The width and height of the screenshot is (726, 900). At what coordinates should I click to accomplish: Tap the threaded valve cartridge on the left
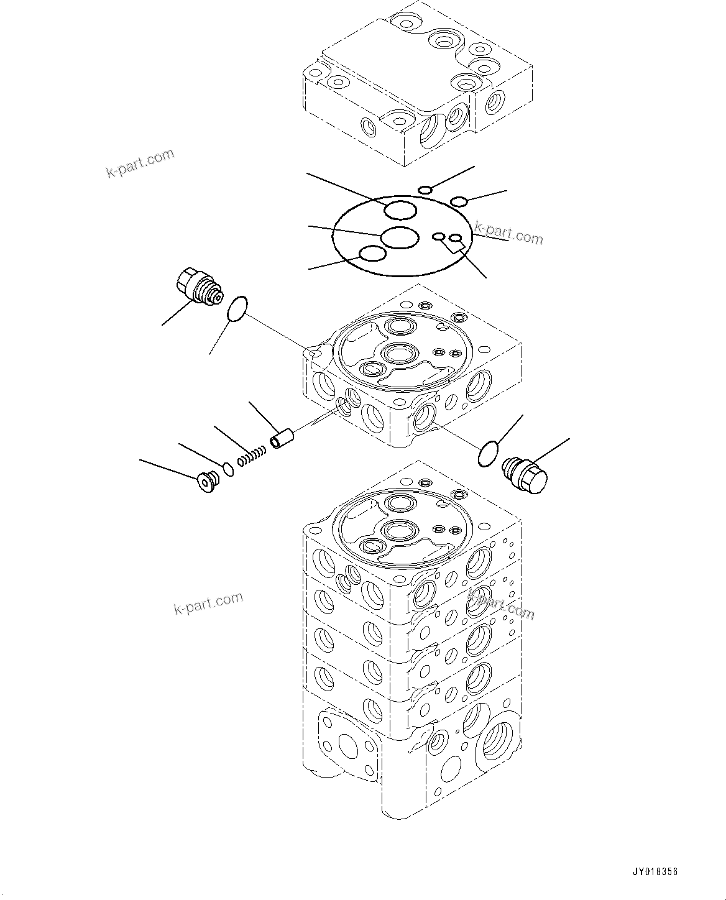tap(197, 287)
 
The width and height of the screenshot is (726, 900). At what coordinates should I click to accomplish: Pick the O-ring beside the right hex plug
tap(489, 453)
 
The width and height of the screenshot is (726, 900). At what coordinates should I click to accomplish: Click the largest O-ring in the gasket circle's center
tap(399, 237)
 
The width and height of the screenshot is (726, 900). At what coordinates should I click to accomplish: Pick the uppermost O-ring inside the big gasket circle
tap(400, 210)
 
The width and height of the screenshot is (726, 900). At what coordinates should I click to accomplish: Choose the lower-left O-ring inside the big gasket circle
tap(373, 254)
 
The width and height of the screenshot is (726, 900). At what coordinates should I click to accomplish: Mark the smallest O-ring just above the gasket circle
tap(425, 190)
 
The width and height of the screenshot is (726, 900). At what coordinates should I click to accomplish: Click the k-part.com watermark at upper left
tap(140, 163)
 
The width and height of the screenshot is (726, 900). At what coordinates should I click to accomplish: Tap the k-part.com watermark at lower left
tap(208, 603)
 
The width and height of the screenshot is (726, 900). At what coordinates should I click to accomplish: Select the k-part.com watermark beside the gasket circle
tap(508, 234)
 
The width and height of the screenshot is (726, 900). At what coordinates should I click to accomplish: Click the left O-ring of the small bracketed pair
tap(439, 236)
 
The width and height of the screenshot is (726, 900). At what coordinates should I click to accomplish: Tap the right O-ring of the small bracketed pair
tap(456, 238)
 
